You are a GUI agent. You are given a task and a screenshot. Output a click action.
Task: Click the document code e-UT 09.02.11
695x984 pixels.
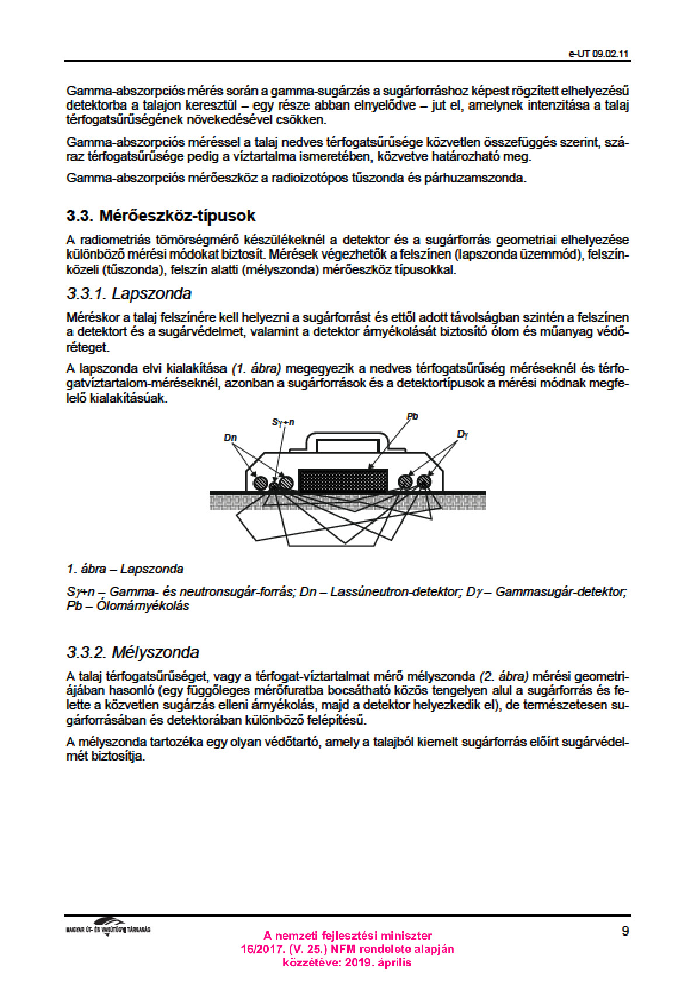pyautogui.click(x=599, y=54)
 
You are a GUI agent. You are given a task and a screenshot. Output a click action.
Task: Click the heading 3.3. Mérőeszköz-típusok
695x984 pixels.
pyautogui.click(x=161, y=216)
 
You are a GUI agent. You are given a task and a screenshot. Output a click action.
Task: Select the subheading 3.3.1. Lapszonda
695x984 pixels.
pyautogui.click(x=128, y=293)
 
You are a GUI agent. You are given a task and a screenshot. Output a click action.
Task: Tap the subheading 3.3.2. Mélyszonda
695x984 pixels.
pyautogui.click(x=133, y=652)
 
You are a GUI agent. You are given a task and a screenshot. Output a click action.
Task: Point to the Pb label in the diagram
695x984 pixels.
pyautogui.click(x=412, y=417)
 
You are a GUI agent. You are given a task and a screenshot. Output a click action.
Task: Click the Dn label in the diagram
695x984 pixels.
pyautogui.click(x=230, y=437)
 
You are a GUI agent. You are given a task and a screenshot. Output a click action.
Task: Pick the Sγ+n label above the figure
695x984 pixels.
pyautogui.click(x=283, y=421)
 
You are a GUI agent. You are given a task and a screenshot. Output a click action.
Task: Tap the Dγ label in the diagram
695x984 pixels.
pyautogui.click(x=463, y=434)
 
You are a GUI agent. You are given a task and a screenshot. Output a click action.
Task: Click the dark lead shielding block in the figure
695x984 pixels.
pyautogui.click(x=343, y=480)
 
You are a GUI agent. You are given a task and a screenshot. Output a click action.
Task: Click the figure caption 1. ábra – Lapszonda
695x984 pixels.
pyautogui.click(x=125, y=569)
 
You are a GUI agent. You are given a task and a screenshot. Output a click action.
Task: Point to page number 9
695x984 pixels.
pyautogui.click(x=625, y=931)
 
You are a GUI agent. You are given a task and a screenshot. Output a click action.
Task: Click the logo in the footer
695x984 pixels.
pyautogui.click(x=108, y=927)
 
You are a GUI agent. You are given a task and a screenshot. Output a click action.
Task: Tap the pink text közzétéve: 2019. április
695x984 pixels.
pyautogui.click(x=347, y=962)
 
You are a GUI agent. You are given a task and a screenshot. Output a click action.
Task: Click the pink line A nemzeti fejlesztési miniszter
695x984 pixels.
pyautogui.click(x=347, y=936)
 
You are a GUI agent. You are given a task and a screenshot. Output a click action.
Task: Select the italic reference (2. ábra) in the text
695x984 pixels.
pyautogui.click(x=504, y=676)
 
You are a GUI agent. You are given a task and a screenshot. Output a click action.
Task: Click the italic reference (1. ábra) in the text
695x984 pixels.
pyautogui.click(x=256, y=369)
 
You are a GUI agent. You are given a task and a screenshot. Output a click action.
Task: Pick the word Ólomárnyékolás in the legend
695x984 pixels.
pyautogui.click(x=143, y=605)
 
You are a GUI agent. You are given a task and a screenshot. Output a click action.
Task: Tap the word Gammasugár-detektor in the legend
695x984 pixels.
pyautogui.click(x=561, y=591)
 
